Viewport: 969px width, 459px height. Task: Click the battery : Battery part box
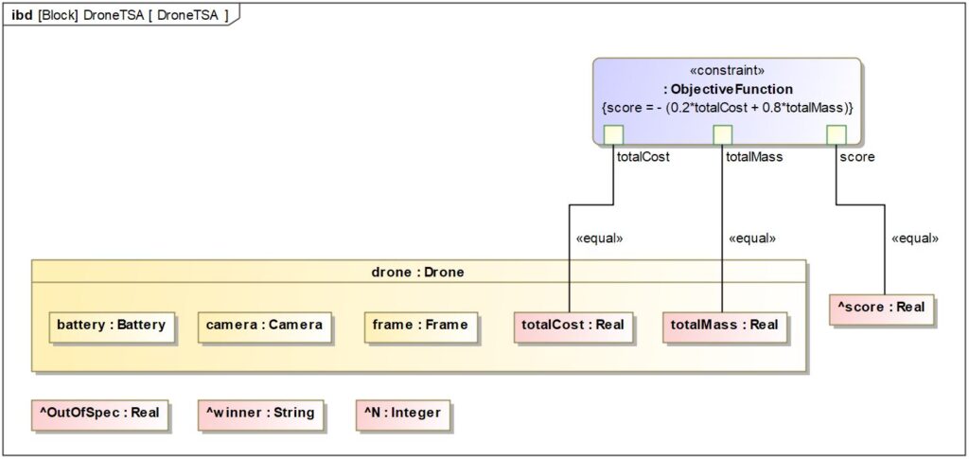[112, 326]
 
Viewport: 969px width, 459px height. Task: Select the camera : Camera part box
[265, 326]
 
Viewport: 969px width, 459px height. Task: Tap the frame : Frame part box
[420, 326]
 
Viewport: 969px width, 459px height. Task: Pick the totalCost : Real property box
[573, 326]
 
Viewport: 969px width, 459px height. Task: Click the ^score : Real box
[881, 309]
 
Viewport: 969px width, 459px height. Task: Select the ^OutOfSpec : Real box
[99, 414]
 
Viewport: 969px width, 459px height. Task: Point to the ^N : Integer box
[402, 414]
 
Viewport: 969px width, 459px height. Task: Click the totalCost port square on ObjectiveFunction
[613, 134]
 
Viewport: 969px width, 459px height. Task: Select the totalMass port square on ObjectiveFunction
[722, 134]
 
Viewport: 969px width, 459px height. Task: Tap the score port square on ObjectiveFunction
[837, 134]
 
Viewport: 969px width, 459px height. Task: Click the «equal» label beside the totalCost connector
[599, 238]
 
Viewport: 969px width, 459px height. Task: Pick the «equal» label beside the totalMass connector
[752, 238]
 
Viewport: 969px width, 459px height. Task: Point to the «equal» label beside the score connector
[915, 238]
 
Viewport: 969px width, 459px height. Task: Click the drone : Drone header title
[418, 273]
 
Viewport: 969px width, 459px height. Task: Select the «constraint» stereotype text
[727, 72]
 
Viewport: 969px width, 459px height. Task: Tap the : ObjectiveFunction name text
[727, 89]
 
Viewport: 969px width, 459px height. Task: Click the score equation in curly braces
[727, 107]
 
